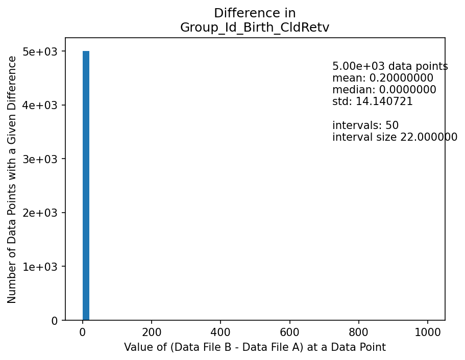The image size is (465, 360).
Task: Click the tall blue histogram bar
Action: tap(86, 186)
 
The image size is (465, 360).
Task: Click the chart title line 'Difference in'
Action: tap(255, 13)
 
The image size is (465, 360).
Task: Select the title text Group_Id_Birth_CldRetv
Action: tap(255, 28)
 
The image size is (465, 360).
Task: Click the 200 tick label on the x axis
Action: tap(152, 331)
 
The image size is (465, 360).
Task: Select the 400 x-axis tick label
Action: tap(221, 331)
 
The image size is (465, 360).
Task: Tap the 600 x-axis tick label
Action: tap(290, 331)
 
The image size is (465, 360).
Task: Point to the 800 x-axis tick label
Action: tap(359, 331)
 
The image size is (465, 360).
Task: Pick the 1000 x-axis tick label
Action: tap(428, 331)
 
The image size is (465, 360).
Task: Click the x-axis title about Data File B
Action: tap(255, 348)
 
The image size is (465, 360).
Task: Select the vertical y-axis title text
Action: tap(12, 179)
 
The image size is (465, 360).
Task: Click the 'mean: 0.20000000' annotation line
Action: tap(382, 79)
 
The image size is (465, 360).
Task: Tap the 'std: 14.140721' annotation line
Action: tap(372, 102)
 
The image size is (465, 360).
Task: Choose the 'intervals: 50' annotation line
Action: tap(365, 125)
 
